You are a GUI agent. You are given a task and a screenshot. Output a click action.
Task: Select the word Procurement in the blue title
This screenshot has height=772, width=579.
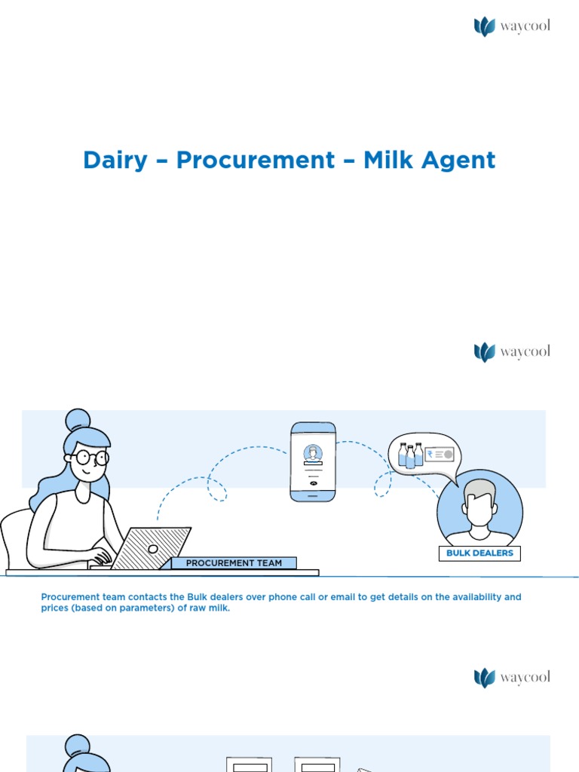(x=256, y=161)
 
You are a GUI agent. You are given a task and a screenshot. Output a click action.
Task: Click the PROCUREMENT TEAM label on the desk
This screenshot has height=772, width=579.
(x=234, y=563)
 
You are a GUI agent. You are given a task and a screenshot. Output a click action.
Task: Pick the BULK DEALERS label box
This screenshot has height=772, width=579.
(x=479, y=553)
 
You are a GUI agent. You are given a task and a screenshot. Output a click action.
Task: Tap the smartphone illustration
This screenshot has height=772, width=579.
(x=313, y=461)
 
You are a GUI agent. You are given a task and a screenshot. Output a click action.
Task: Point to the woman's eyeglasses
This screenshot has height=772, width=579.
(x=92, y=457)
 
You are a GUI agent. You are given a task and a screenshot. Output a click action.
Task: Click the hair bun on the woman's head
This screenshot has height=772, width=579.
(x=78, y=419)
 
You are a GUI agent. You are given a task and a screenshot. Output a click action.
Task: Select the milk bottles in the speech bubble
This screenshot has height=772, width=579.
(x=410, y=455)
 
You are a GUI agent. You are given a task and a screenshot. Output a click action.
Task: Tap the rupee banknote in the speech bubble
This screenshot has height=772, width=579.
(x=439, y=455)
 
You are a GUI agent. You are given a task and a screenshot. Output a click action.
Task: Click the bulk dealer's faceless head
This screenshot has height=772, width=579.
(x=479, y=503)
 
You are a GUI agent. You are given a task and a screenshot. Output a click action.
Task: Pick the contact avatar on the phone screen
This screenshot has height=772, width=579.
(x=313, y=453)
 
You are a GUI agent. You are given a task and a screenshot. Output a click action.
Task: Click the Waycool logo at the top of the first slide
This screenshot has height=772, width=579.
(x=512, y=27)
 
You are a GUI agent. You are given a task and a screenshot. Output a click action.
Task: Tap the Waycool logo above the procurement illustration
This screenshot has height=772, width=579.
(x=512, y=352)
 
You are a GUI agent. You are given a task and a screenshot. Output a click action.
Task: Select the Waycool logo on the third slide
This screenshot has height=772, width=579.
(x=512, y=677)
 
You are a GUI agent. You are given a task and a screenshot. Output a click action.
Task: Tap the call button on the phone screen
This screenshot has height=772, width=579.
(x=313, y=483)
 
